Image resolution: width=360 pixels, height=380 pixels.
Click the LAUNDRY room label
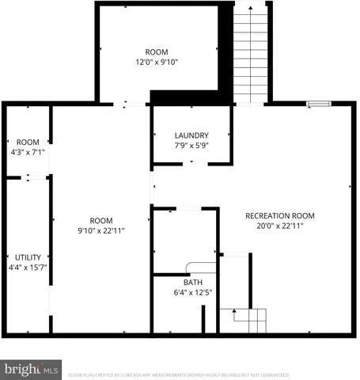tap(191, 135)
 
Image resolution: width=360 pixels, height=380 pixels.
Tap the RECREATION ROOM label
tap(280, 215)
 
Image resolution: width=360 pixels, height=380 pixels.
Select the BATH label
tap(193, 282)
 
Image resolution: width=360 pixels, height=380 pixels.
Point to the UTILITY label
tap(28, 257)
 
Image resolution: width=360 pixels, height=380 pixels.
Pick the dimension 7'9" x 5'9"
tap(191, 146)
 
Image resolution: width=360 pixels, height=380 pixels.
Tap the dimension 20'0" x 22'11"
tap(280, 226)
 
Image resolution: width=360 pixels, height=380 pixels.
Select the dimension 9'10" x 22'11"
tap(100, 230)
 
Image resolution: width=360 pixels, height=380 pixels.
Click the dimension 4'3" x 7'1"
tap(28, 153)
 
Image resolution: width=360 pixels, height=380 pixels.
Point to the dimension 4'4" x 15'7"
tap(28, 268)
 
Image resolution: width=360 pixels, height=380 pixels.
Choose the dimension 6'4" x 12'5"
tap(193, 292)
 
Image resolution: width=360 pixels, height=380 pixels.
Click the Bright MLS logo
tap(31, 369)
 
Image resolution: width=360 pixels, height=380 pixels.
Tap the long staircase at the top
tap(251, 55)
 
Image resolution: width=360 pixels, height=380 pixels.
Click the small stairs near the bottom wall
tap(249, 321)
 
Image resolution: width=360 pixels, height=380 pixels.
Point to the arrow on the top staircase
tap(252, 9)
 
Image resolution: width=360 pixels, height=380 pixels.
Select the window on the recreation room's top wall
tap(318, 102)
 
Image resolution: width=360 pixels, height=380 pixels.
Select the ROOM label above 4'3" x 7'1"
tap(28, 142)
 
